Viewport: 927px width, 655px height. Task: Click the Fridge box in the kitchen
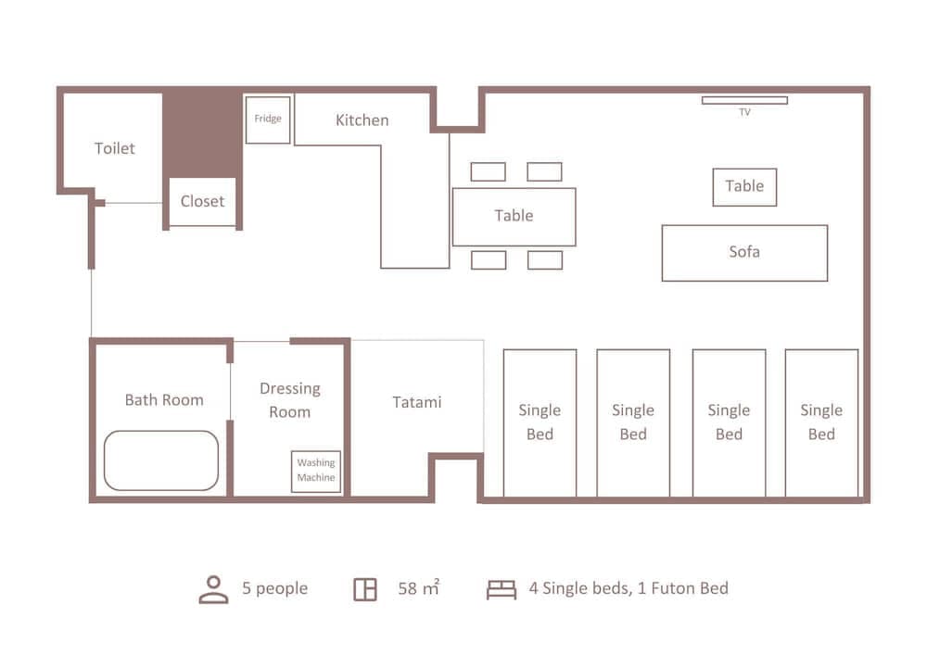tap(268, 120)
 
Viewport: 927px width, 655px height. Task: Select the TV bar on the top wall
tap(744, 100)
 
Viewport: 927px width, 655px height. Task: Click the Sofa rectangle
tap(744, 252)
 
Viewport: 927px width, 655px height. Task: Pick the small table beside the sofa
tap(744, 186)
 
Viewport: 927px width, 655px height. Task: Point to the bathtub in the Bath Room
tap(161, 460)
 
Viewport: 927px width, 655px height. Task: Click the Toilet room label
tap(115, 148)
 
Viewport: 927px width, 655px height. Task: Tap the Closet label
tap(202, 201)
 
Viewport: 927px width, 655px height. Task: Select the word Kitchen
tap(362, 120)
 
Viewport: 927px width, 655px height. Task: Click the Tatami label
tap(416, 402)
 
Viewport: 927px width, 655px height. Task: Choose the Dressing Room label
tap(289, 400)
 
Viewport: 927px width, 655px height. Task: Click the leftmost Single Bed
tap(540, 422)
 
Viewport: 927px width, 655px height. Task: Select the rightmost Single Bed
tap(821, 422)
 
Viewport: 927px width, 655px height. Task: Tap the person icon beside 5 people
tap(213, 589)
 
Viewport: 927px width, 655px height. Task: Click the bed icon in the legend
tap(502, 589)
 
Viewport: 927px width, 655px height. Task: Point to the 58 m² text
tap(418, 588)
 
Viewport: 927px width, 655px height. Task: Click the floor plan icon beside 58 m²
tap(365, 589)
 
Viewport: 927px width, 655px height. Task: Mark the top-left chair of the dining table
tap(488, 171)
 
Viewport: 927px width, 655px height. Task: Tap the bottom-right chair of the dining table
tap(545, 260)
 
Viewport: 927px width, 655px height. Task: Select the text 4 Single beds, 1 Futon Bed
tap(629, 588)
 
